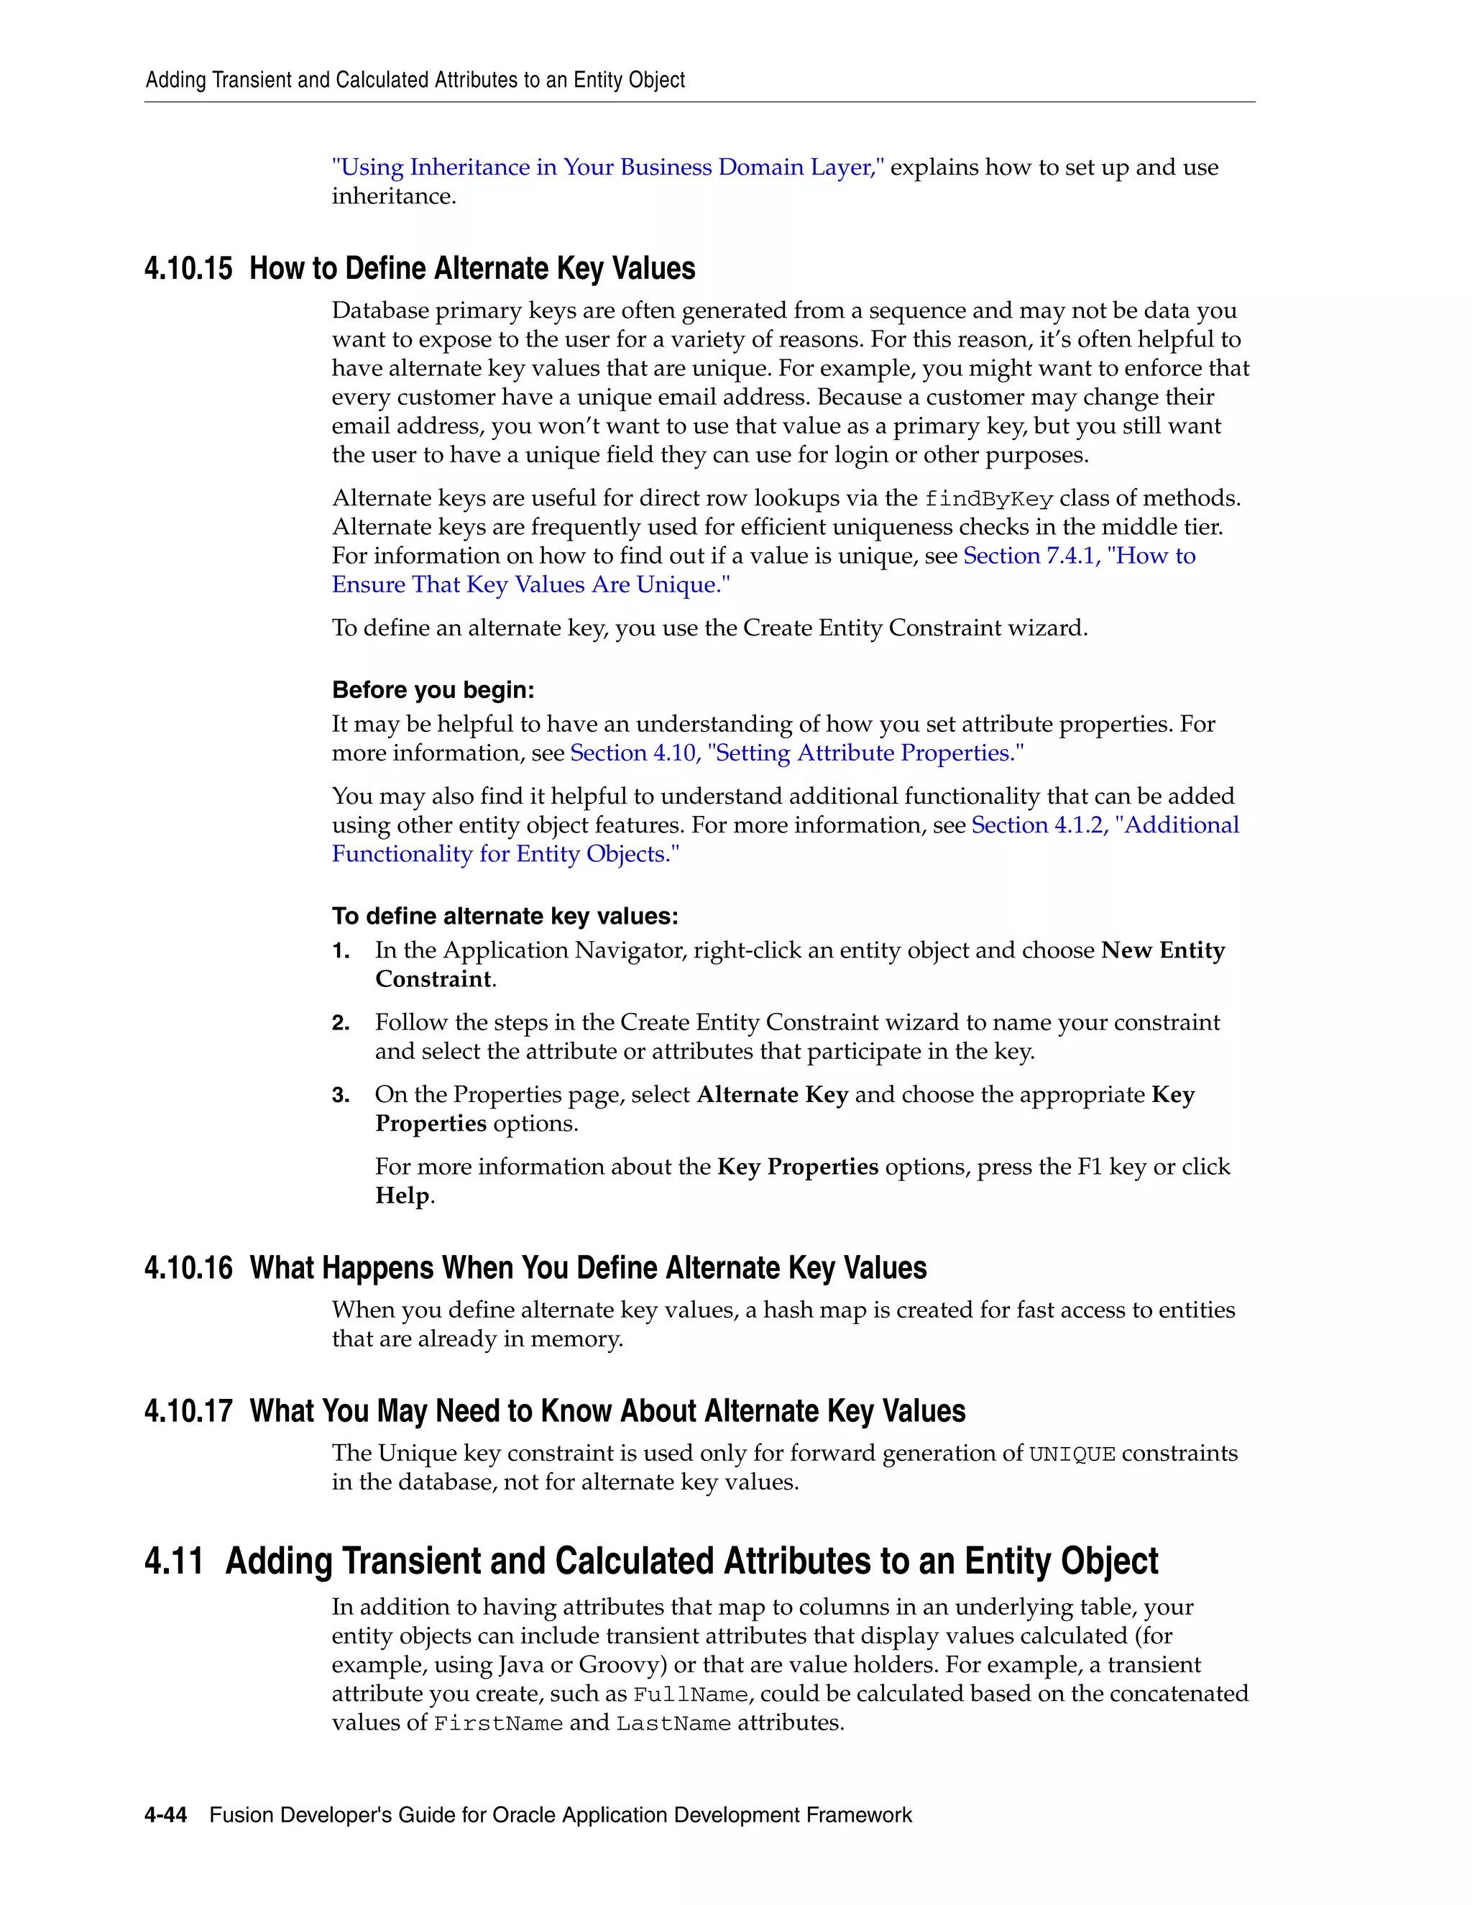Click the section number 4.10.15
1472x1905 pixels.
tap(188, 269)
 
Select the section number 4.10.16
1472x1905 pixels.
tap(188, 1267)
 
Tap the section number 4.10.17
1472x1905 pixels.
tap(188, 1410)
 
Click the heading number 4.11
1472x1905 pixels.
tap(173, 1561)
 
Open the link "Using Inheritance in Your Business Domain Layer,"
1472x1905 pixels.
tap(608, 167)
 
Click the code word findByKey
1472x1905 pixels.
tap(988, 499)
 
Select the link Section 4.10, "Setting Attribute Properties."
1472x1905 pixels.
tap(796, 753)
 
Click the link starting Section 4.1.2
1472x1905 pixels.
tap(1104, 825)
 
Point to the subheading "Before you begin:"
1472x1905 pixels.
tap(433, 690)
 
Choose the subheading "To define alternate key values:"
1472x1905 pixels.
tap(505, 916)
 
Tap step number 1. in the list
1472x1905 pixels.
tap(341, 951)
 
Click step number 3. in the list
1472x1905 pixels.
tap(341, 1096)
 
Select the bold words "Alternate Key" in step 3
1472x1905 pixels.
tap(772, 1095)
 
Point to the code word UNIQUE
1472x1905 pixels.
tap(1072, 1454)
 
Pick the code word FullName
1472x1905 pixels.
tap(690, 1694)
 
